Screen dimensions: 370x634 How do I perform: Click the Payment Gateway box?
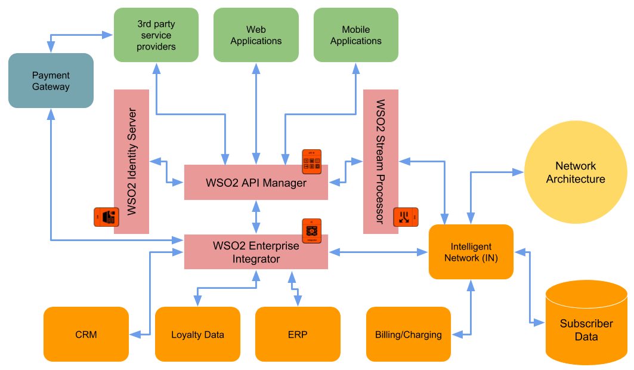[x=51, y=81]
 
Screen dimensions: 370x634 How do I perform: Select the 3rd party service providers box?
[x=156, y=35]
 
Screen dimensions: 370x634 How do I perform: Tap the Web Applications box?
[x=256, y=35]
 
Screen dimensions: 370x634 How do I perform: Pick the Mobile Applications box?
[x=355, y=35]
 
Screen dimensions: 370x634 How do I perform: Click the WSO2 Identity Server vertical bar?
[x=131, y=162]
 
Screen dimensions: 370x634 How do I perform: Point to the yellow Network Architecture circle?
[x=575, y=172]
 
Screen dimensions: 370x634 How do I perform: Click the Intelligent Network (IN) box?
[x=471, y=252]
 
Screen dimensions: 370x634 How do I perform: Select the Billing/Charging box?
[x=409, y=334]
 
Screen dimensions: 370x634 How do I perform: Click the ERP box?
[x=297, y=334]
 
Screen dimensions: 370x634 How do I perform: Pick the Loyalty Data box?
[x=197, y=334]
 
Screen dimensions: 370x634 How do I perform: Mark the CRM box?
[x=86, y=334]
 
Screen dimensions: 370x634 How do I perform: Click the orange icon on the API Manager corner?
[x=312, y=162]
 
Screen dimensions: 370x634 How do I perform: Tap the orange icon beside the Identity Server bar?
[x=106, y=217]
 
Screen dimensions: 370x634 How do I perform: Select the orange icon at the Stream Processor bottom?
[x=406, y=217]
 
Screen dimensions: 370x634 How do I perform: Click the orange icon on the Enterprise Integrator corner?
[x=312, y=231]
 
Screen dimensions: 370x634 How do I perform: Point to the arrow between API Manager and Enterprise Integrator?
[x=256, y=217]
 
